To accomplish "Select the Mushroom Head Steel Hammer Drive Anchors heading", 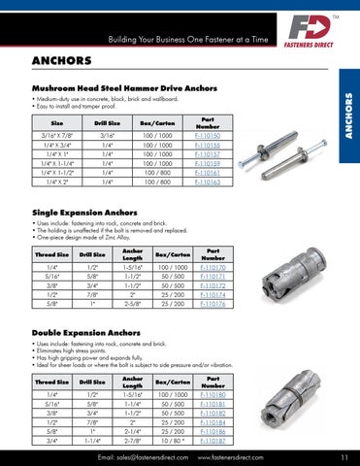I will pos(130,87).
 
